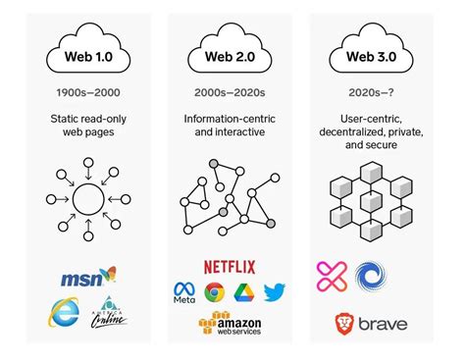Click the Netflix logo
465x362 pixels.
(232, 266)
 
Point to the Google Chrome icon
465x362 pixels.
(215, 291)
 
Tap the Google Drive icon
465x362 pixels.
(244, 291)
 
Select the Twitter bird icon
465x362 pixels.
(275, 291)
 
